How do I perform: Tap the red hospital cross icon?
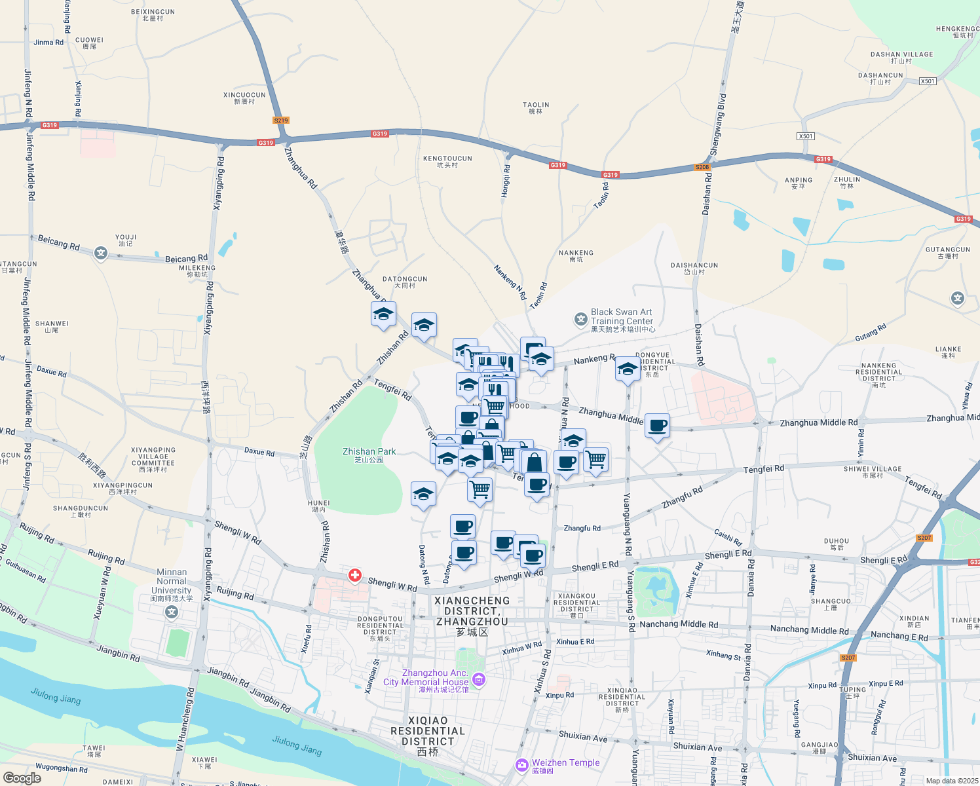tap(355, 575)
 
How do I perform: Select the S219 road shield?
tap(281, 121)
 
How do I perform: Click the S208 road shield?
tap(702, 167)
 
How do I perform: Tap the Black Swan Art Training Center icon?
tap(581, 320)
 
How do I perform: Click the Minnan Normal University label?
tap(172, 581)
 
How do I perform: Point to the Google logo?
tap(22, 778)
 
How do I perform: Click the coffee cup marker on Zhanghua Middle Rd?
tap(657, 426)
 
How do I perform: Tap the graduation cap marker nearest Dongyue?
tap(627, 369)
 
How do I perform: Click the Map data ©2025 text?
tap(952, 781)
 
